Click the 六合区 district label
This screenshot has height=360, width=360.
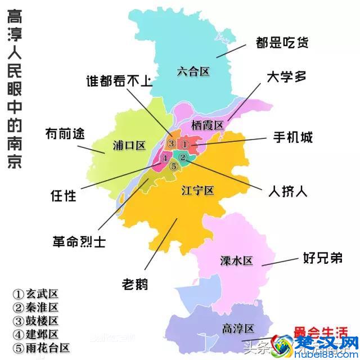[x=193, y=71]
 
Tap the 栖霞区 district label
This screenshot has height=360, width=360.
[x=207, y=124]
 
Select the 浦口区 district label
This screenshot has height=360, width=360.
[x=128, y=146]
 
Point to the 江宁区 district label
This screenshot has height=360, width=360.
[x=198, y=191]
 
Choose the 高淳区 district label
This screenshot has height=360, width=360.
[x=238, y=328]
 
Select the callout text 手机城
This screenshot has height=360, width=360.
[x=293, y=137]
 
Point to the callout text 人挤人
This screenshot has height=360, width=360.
[x=287, y=192]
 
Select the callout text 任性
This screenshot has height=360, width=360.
[x=63, y=196]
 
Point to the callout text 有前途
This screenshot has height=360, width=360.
[x=65, y=134]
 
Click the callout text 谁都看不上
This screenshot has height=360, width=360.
[x=119, y=81]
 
